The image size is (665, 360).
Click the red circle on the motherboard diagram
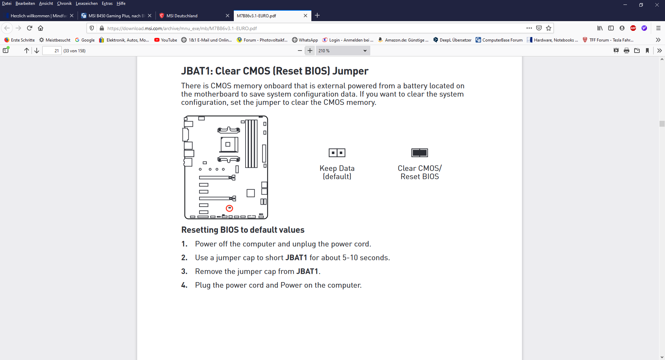pos(229,208)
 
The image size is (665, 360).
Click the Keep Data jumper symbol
pos(337,153)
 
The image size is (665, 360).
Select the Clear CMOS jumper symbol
pos(419,153)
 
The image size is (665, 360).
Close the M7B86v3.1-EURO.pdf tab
pos(305,16)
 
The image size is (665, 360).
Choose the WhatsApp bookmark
pos(305,40)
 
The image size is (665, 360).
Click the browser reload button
pos(29,28)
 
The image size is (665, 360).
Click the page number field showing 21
pos(52,51)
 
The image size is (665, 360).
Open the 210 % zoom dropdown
pos(343,51)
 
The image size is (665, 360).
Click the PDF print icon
pos(627,51)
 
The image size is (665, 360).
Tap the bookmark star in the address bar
pos(549,28)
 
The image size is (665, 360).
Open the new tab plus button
pos(317,15)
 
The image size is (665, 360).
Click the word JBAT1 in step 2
pos(296,258)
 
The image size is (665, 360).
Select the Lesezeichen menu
pos(87,3)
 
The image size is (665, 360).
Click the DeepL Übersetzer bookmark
pos(452,40)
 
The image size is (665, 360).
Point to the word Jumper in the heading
pos(351,71)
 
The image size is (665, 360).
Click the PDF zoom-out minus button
pos(300,51)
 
